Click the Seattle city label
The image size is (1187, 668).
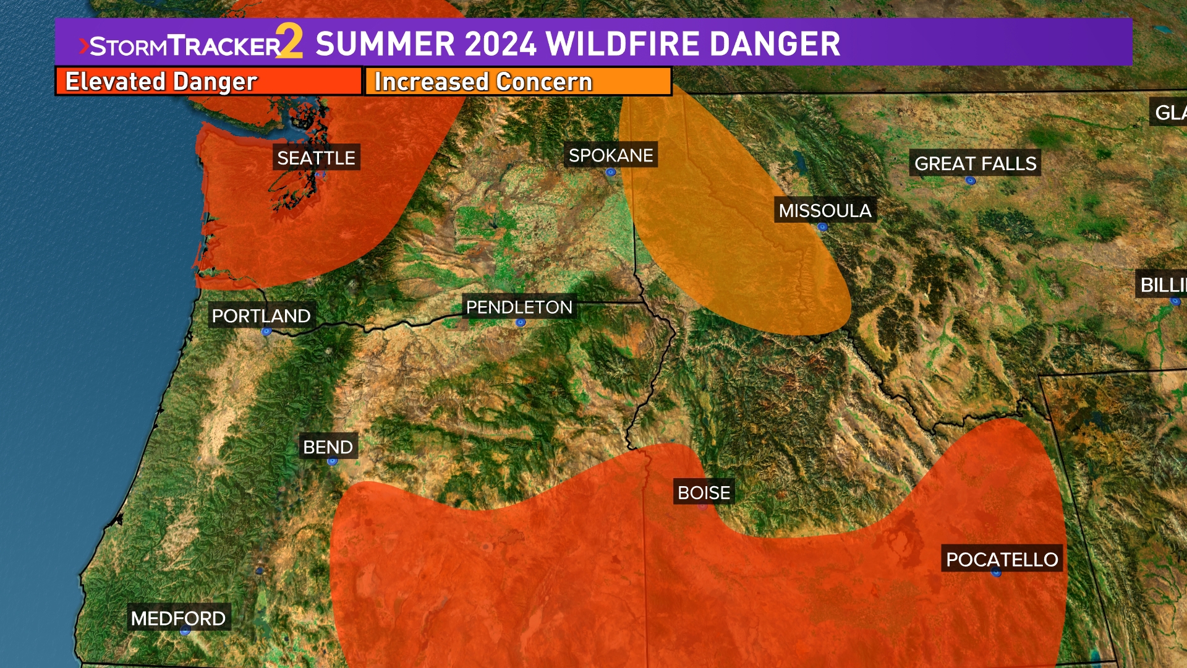[316, 158]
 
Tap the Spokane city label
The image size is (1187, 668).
[611, 155]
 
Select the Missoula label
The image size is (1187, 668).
[825, 211]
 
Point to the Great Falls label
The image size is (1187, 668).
[975, 163]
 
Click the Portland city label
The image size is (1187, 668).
[261, 316]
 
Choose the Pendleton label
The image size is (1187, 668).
[519, 307]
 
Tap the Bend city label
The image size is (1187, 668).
[328, 447]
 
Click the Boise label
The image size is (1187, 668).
[704, 492]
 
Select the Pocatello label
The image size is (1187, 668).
[1002, 559]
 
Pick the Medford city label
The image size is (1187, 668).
[178, 618]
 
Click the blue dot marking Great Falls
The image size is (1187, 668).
[970, 181]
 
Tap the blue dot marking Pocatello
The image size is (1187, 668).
[996, 573]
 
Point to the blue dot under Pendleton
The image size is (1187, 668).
[521, 322]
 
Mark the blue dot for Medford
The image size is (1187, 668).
[184, 631]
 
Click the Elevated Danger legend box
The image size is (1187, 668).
[208, 82]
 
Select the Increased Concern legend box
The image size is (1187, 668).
[518, 82]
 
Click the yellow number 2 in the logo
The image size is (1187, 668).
[289, 42]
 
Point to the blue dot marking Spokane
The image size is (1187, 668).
[610, 173]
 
